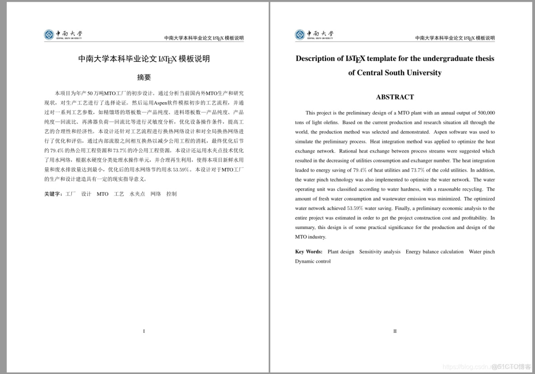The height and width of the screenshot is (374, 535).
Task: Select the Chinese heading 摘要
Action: coord(144,77)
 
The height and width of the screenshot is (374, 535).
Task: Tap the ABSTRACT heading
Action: coord(394,97)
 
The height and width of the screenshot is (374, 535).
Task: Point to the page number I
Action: coord(144,331)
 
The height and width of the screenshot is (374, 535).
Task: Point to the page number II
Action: coord(395,331)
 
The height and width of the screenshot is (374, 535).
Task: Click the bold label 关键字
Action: coord(53,194)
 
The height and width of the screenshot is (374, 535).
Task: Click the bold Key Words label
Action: coord(309,252)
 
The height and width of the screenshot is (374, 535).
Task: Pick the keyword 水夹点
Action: coord(137,194)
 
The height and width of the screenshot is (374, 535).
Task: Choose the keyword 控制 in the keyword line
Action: coord(171,194)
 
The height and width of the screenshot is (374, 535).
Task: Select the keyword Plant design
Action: coord(341,252)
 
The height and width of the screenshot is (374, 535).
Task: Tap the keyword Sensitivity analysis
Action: coord(380,252)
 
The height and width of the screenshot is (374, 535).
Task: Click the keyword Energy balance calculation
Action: coord(434,252)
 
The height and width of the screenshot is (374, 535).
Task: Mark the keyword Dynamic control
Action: coord(313,261)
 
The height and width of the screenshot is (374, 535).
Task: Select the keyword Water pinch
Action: coord(482,252)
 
